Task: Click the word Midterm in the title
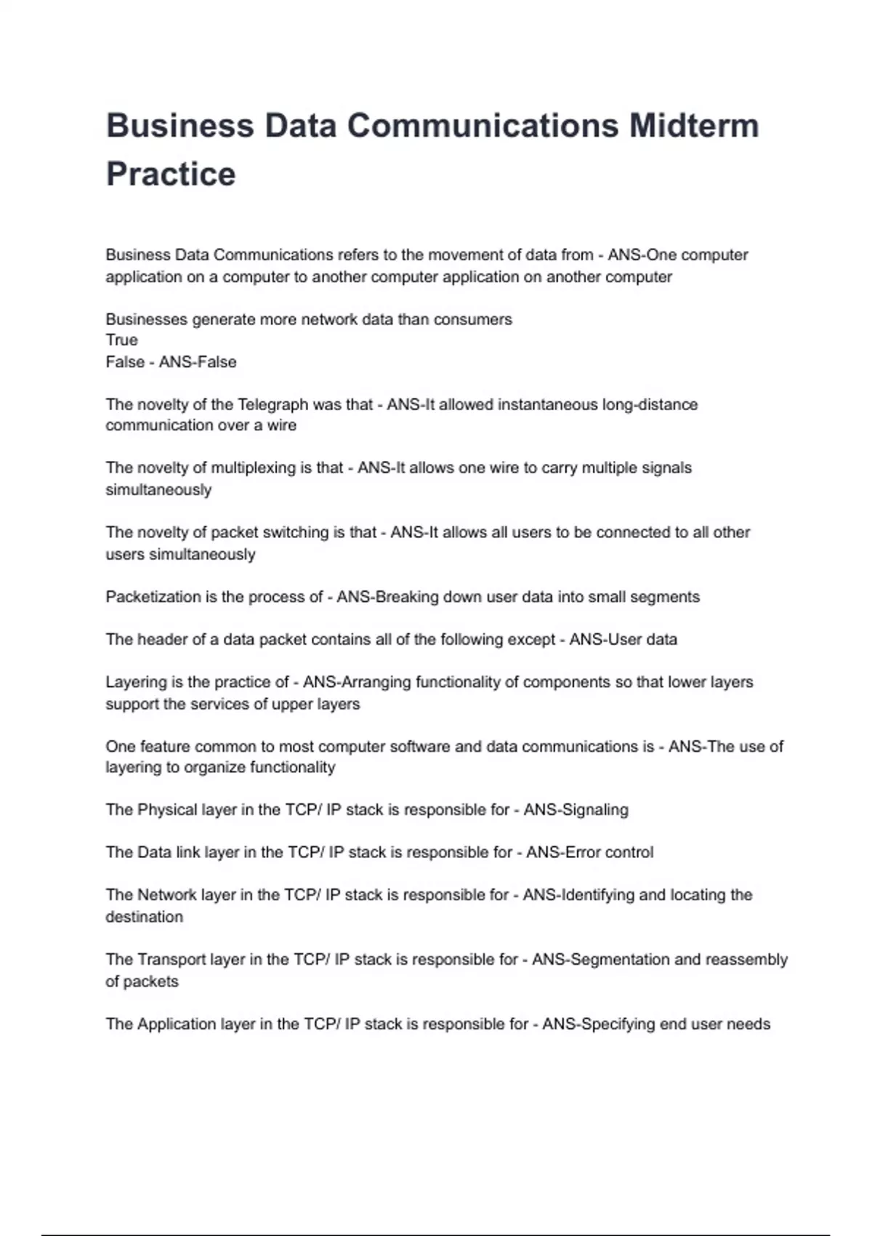tap(694, 126)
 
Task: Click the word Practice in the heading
tap(171, 174)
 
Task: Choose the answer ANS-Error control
tap(589, 852)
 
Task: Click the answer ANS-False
tap(198, 362)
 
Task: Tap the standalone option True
tap(121, 340)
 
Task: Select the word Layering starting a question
tap(135, 682)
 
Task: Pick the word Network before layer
tap(167, 895)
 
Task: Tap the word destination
tap(144, 917)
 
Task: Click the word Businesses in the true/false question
tap(146, 319)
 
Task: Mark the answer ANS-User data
tap(623, 640)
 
